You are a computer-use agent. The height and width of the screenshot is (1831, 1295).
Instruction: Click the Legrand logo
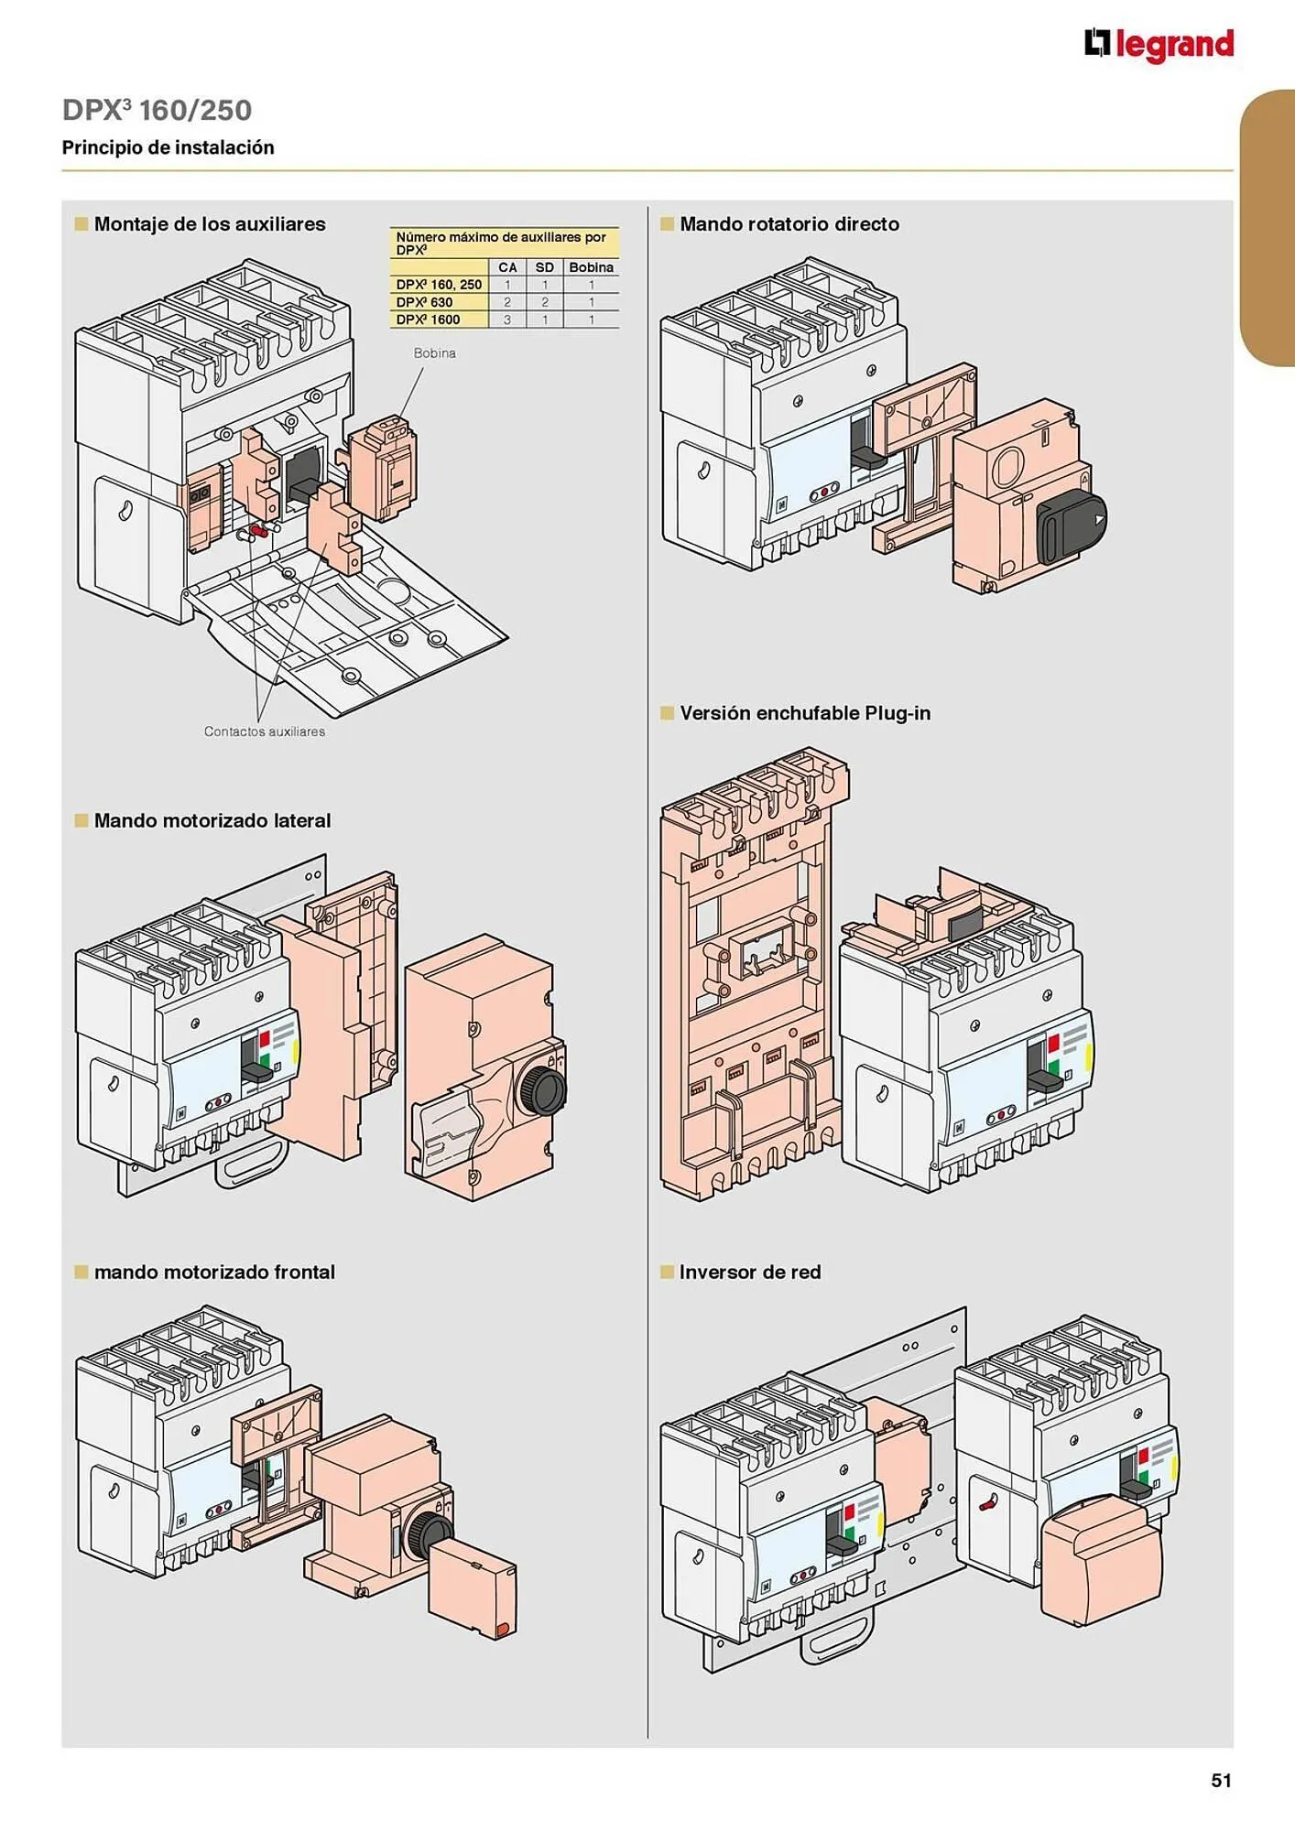(x=1159, y=44)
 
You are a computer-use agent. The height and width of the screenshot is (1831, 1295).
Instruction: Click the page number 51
(x=1221, y=1780)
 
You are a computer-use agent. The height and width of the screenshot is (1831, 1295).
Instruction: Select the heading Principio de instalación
(x=168, y=147)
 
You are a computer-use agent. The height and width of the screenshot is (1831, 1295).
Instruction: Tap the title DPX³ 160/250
(x=157, y=110)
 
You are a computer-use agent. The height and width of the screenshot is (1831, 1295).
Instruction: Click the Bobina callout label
(x=434, y=353)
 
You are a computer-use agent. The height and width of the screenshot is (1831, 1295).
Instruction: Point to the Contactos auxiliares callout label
(x=264, y=731)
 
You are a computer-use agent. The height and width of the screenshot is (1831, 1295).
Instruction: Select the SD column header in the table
(x=544, y=267)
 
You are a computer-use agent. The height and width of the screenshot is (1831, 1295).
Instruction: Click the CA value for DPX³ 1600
(x=507, y=320)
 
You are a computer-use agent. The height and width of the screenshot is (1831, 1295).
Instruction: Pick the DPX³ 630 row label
(x=424, y=302)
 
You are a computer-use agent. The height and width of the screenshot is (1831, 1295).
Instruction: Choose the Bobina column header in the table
(x=591, y=267)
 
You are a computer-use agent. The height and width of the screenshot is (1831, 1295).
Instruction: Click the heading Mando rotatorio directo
(x=789, y=224)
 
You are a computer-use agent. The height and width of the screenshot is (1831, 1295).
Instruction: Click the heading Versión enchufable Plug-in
(x=804, y=713)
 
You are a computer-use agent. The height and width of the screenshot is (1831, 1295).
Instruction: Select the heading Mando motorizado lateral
(x=212, y=820)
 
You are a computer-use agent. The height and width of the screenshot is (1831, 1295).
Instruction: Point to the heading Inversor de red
(x=749, y=1272)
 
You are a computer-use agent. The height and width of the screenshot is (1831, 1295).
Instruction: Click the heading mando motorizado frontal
(x=213, y=1272)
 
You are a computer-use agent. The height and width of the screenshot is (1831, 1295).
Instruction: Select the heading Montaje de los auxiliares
(x=209, y=224)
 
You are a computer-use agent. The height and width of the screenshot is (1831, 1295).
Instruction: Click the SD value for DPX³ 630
(x=544, y=302)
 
